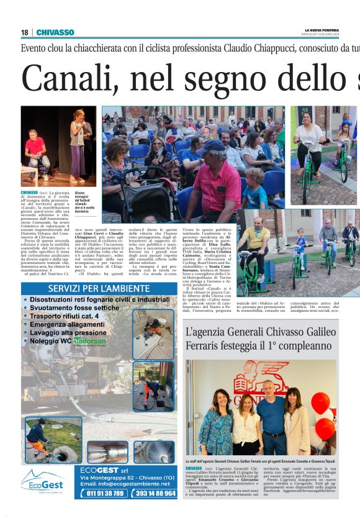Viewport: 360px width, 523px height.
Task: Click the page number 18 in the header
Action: [x=24, y=32]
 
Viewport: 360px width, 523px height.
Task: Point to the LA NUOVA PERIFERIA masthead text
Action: [x=322, y=30]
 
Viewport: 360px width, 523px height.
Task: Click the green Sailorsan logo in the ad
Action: [x=91, y=341]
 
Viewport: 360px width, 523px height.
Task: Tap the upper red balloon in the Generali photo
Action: [x=320, y=402]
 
